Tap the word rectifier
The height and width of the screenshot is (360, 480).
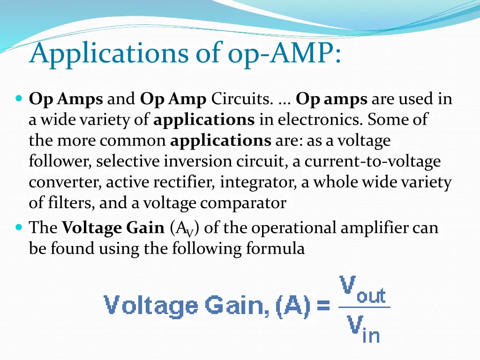pyautogui.click(x=185, y=182)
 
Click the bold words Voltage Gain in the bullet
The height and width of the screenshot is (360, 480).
pyautogui.click(x=113, y=228)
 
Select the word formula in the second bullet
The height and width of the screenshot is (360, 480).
pyautogui.click(x=275, y=248)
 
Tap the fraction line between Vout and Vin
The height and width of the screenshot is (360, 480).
pyautogui.click(x=364, y=307)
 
